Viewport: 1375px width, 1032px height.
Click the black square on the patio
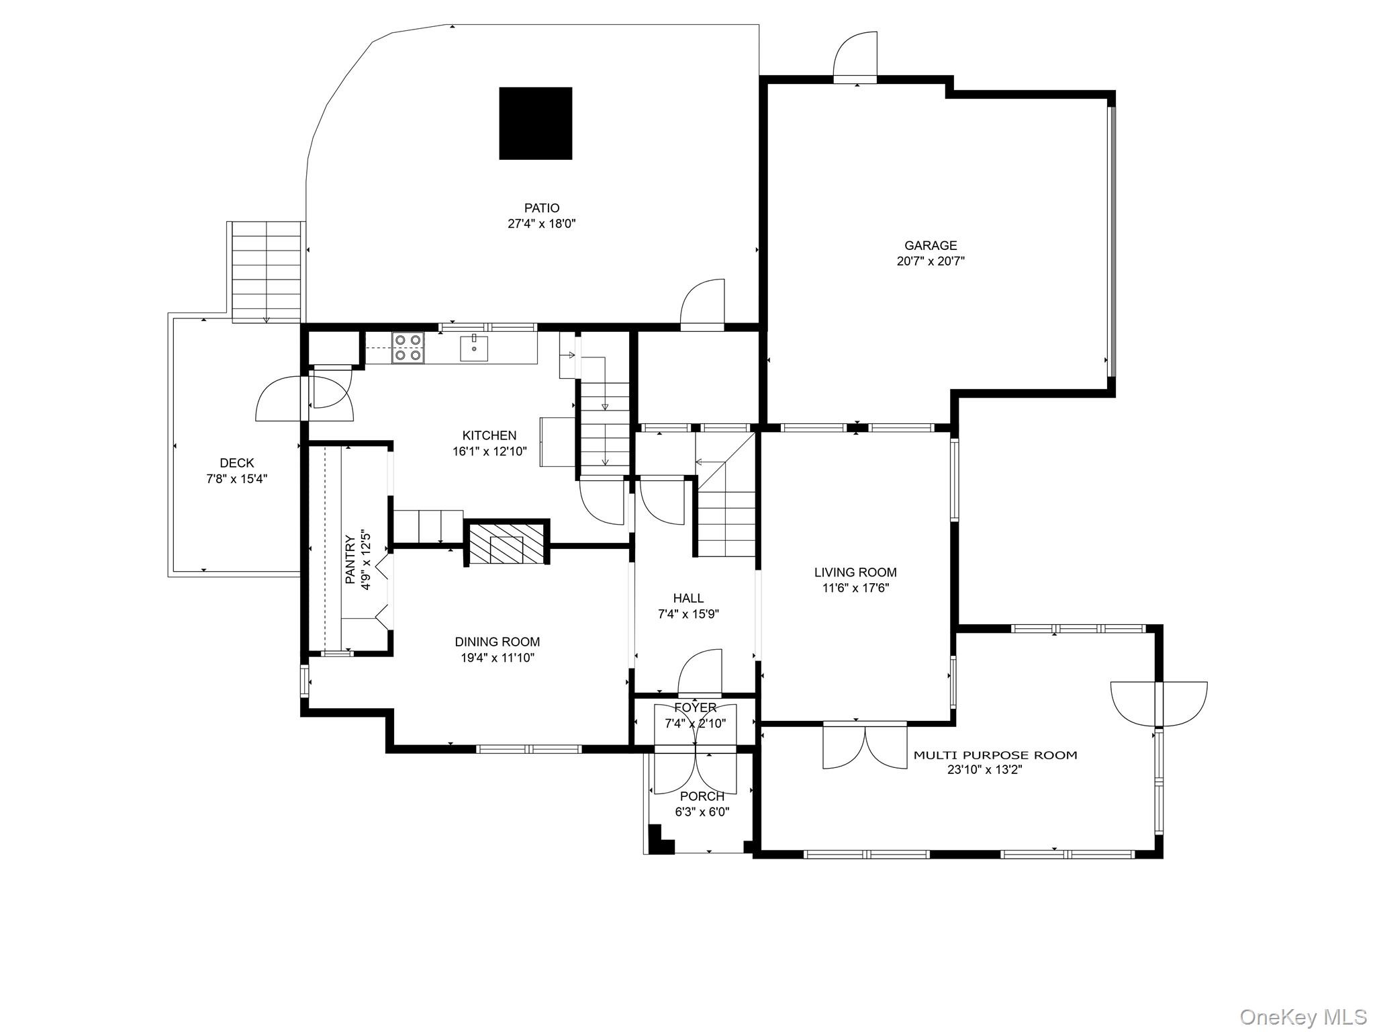click(535, 123)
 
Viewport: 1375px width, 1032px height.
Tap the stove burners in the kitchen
click(408, 348)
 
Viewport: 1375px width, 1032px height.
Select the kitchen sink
click(474, 348)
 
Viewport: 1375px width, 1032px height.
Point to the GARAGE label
click(931, 246)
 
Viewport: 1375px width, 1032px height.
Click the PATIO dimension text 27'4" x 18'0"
click(542, 224)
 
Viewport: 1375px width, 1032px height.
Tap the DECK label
click(237, 463)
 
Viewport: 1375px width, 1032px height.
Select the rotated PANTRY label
click(350, 559)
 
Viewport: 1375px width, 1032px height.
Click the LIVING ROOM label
click(855, 572)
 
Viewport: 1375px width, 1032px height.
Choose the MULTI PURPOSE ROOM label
click(995, 755)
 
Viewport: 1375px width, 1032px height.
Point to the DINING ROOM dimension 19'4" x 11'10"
click(497, 658)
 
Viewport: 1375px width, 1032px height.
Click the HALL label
click(689, 598)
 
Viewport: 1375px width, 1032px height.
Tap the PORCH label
click(702, 796)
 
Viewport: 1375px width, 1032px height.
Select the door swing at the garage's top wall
click(855, 57)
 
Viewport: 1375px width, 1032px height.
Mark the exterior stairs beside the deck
click(266, 271)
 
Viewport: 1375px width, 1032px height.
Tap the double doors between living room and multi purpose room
click(865, 746)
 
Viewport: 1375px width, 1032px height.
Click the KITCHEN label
click(489, 435)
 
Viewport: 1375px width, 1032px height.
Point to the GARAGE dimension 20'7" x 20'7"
click(931, 261)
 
